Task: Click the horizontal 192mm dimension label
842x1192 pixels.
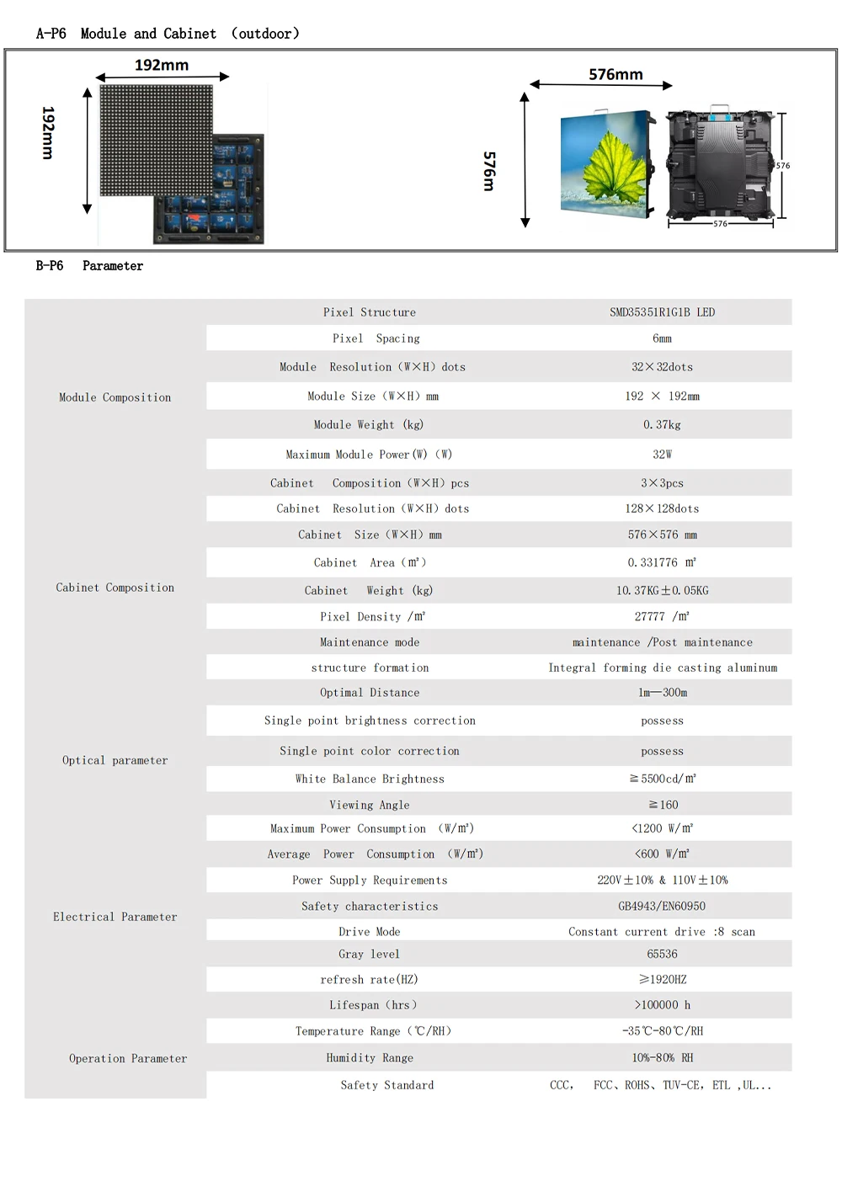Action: pyautogui.click(x=162, y=65)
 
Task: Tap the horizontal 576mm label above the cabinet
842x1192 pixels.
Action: pyautogui.click(x=616, y=74)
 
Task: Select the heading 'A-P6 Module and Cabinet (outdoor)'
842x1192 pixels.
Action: pyautogui.click(x=168, y=34)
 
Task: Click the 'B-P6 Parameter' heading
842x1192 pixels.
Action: pyautogui.click(x=89, y=266)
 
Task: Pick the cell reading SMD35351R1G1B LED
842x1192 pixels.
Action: pyautogui.click(x=662, y=312)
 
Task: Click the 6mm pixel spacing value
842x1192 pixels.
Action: pyautogui.click(x=662, y=338)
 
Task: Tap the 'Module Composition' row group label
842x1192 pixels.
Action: pyautogui.click(x=115, y=397)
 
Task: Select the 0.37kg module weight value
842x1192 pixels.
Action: pyautogui.click(x=662, y=425)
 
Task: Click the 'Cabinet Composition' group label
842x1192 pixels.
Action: pyautogui.click(x=115, y=588)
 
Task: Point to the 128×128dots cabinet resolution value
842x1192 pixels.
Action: pyautogui.click(x=662, y=508)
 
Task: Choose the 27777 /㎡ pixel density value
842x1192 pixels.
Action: pyautogui.click(x=662, y=616)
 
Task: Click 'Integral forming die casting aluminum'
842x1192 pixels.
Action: pyautogui.click(x=663, y=668)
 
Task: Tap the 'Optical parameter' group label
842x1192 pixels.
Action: pyautogui.click(x=115, y=760)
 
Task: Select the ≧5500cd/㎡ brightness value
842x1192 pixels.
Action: pyautogui.click(x=662, y=779)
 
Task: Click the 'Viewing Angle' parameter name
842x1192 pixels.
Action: pyautogui.click(x=369, y=805)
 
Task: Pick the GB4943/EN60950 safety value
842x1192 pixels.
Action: pyautogui.click(x=662, y=907)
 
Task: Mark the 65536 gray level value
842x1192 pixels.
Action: pyautogui.click(x=662, y=954)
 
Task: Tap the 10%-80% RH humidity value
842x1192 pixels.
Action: pyautogui.click(x=662, y=1058)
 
